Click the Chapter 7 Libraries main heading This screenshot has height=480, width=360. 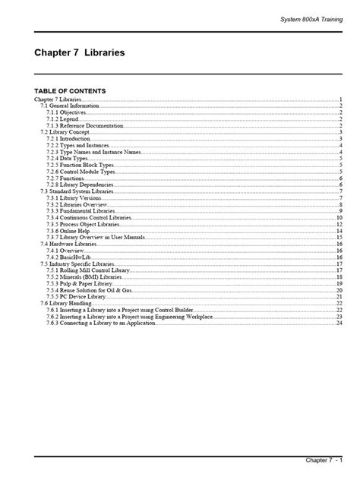pyautogui.click(x=80, y=54)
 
